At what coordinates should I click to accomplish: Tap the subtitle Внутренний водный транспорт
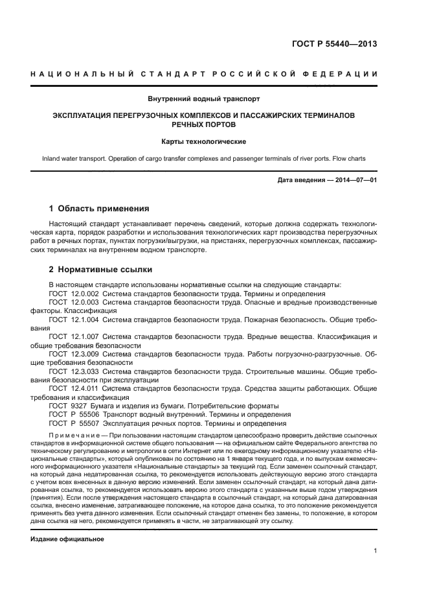[213, 99]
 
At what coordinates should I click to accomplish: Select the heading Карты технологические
[213, 141]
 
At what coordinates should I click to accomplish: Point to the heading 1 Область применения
[99, 209]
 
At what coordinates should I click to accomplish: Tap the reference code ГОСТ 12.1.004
[73, 320]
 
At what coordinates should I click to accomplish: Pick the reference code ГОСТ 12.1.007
[73, 337]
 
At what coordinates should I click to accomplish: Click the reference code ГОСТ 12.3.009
[73, 355]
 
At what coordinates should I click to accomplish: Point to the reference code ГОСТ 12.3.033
[73, 371]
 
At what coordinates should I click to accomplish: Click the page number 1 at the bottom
[375, 551]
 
